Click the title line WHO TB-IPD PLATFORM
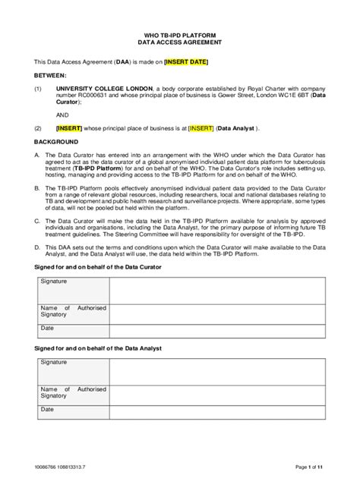point(179,36)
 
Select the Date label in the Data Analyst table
point(47,409)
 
